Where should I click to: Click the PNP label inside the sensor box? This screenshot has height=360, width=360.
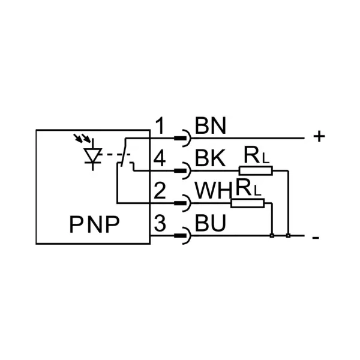click(x=94, y=224)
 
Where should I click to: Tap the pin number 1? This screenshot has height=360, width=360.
click(x=160, y=125)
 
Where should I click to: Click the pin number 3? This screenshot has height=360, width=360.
click(x=160, y=223)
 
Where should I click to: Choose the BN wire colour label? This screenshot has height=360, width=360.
click(x=211, y=125)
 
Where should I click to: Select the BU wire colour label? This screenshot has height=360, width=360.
click(x=211, y=223)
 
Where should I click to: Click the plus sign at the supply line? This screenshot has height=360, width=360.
click(x=319, y=136)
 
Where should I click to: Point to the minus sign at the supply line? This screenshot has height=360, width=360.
click(x=316, y=238)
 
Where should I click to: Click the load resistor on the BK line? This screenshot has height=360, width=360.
click(x=256, y=171)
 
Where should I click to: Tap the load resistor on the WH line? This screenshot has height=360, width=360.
click(x=247, y=203)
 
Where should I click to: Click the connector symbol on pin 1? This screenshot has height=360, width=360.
click(x=182, y=138)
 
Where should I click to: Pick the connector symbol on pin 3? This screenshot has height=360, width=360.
click(x=182, y=236)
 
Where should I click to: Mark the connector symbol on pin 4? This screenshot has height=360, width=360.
click(x=182, y=170)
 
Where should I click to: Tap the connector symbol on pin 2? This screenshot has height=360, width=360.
click(x=182, y=203)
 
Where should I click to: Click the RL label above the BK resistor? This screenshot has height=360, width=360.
click(x=256, y=155)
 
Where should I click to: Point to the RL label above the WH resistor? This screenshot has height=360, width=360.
click(x=248, y=187)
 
